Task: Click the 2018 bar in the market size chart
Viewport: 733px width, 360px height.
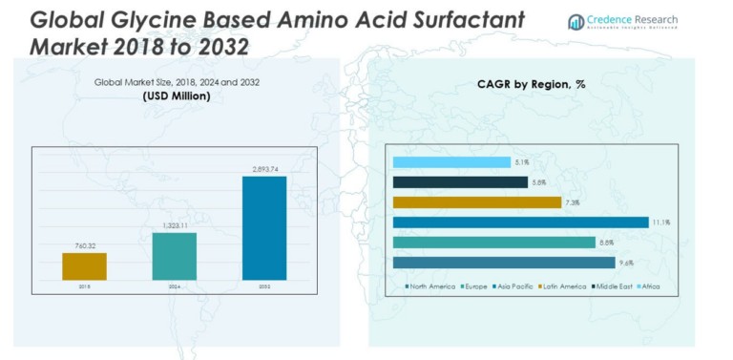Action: coord(84,266)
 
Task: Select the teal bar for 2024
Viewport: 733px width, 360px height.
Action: coord(175,256)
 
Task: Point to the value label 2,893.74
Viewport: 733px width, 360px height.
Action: coord(264,169)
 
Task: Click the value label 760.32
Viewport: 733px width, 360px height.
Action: coord(84,245)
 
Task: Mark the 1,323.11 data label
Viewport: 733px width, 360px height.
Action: coord(175,225)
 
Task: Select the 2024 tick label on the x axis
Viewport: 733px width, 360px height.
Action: coord(175,286)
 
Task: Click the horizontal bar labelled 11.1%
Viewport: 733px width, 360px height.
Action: coord(520,222)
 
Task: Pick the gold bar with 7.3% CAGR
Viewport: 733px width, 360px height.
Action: coord(476,202)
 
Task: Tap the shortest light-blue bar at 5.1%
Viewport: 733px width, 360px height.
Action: coord(450,162)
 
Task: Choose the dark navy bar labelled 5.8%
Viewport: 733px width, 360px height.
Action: coord(454,182)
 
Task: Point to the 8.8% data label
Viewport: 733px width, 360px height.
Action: coord(606,243)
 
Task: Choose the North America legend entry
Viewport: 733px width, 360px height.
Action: coord(430,286)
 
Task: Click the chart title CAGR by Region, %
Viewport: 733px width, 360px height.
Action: coord(531,84)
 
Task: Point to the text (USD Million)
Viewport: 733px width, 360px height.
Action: coord(177,96)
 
